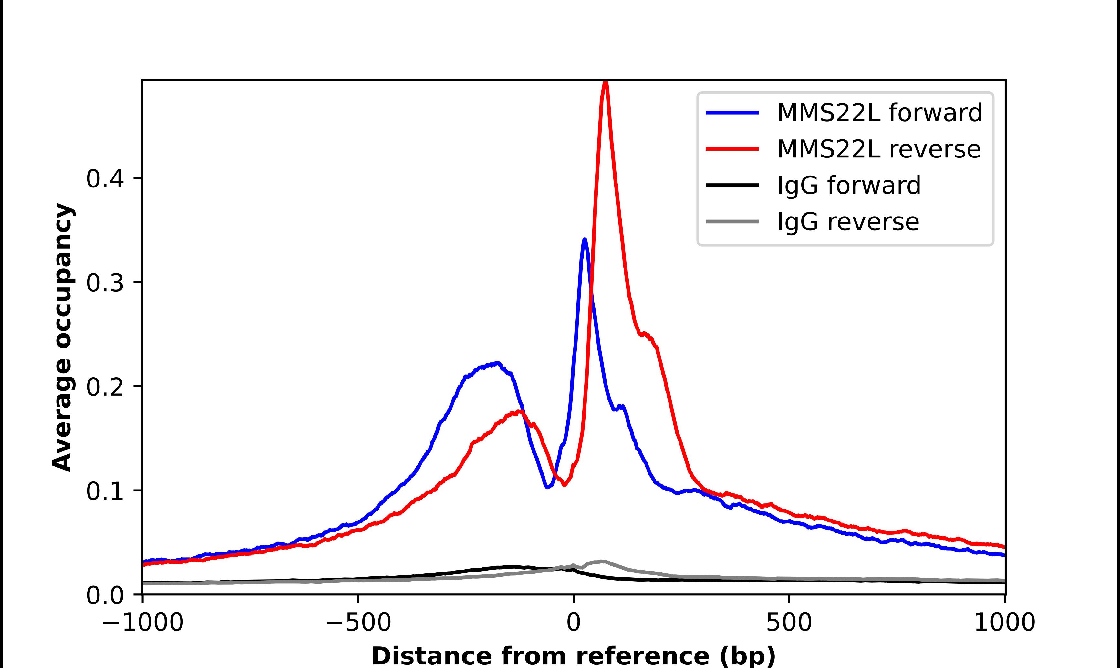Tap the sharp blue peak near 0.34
585,240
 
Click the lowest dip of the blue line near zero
547,487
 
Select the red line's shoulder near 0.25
645,334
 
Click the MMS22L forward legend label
879,113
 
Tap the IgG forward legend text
849,186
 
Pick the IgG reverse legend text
848,222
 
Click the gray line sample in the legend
732,221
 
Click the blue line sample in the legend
732,113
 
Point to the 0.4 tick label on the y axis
105,179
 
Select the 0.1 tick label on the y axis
105,491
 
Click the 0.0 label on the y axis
105,595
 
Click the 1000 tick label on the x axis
1005,622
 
